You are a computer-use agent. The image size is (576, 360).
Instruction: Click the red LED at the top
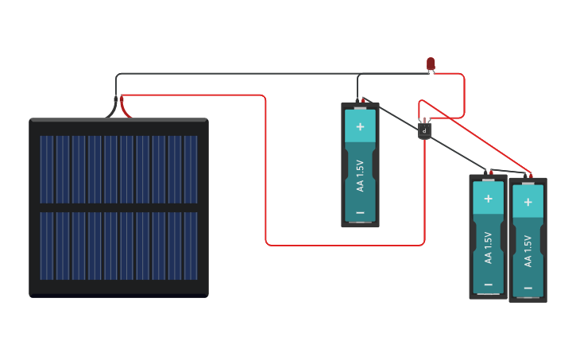tap(431, 63)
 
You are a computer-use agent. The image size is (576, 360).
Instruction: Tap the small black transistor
tap(424, 130)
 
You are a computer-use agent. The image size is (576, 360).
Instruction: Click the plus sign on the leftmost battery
tap(360, 126)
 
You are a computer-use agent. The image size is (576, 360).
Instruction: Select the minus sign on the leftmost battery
tap(360, 213)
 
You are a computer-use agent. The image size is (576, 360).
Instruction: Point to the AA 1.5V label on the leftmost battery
tap(360, 176)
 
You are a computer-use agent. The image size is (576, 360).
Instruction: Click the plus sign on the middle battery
tap(488, 199)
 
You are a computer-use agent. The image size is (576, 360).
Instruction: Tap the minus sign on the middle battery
tap(488, 285)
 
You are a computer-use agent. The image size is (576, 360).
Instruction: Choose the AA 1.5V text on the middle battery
tap(488, 247)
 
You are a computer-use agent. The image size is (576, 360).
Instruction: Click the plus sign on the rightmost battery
tap(528, 202)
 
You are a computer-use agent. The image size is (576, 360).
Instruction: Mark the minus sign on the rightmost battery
tap(528, 288)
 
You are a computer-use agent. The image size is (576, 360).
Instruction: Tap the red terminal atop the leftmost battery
tap(363, 101)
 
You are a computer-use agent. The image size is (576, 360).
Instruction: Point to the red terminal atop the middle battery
tap(491, 172)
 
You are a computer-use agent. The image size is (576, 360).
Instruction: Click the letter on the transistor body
tap(424, 130)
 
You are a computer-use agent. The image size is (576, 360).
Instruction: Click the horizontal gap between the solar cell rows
tap(119, 207)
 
